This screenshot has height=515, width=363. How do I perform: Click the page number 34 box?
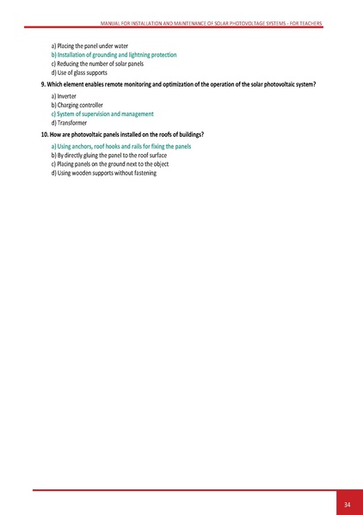pyautogui.click(x=347, y=503)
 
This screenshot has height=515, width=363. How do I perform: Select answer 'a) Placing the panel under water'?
pyautogui.click(x=89, y=45)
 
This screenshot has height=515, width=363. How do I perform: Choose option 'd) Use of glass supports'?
pyautogui.click(x=79, y=73)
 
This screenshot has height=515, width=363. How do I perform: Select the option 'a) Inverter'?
pyautogui.click(x=65, y=96)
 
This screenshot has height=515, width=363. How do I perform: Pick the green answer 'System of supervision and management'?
pyautogui.click(x=102, y=114)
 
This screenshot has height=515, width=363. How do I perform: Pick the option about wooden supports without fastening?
pyautogui.click(x=104, y=173)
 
